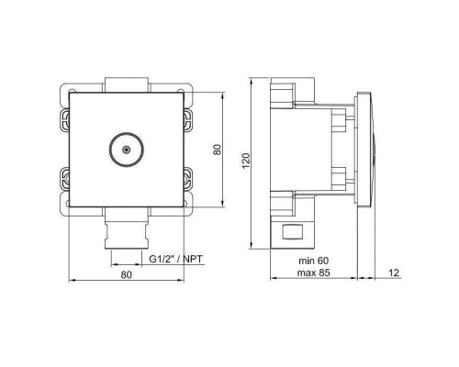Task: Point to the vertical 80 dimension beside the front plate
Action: (218, 149)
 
